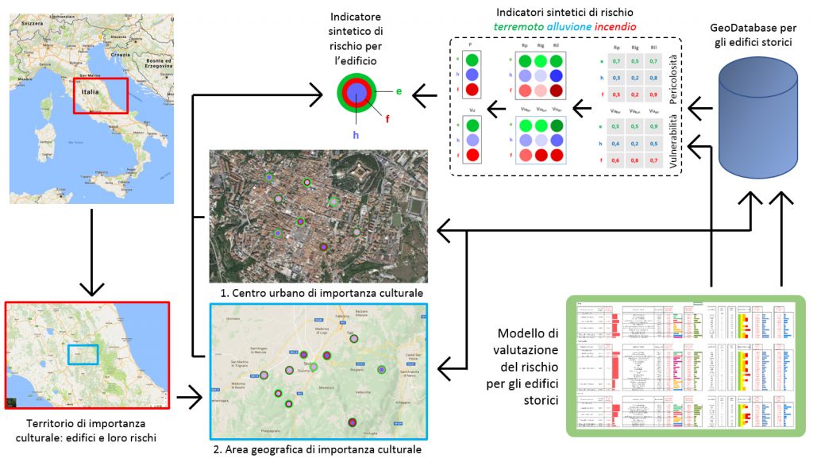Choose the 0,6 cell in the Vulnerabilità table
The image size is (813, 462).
[616, 160]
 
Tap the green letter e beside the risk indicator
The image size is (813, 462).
[399, 91]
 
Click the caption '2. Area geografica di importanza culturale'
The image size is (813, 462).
[318, 450]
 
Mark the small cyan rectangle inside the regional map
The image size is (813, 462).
[83, 355]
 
